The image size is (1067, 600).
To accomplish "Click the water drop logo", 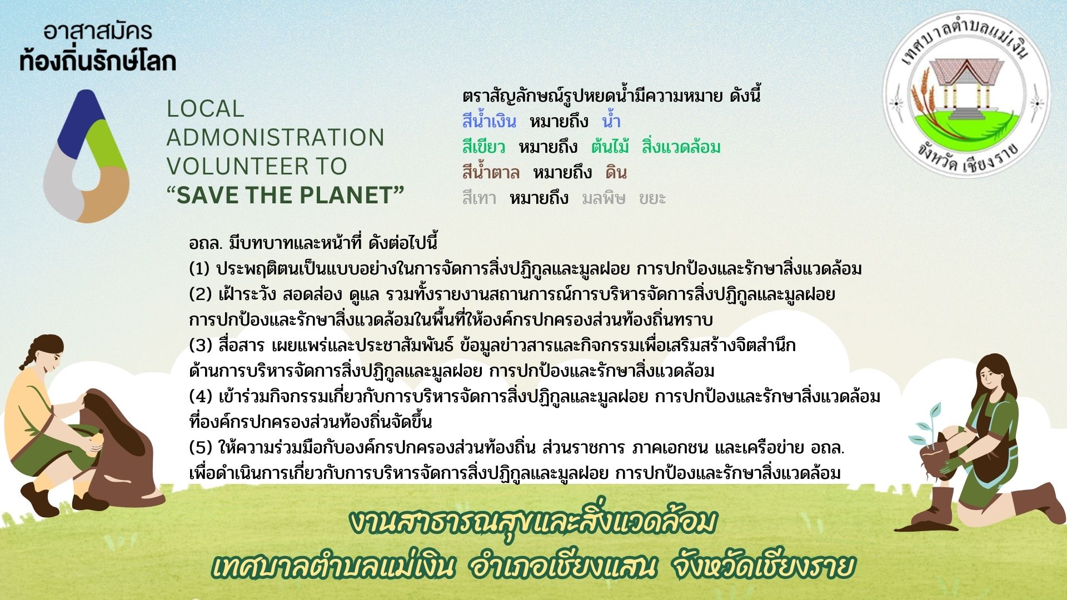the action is click(x=86, y=156).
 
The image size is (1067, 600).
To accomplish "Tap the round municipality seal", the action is click(x=966, y=94).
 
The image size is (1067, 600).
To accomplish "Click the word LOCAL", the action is click(x=205, y=108).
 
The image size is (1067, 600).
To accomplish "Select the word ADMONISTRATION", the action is click(x=275, y=137).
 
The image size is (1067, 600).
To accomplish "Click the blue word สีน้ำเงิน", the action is click(x=489, y=121).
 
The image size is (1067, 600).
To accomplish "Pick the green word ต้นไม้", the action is click(x=610, y=147).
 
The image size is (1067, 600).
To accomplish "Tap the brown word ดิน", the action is click(x=616, y=173).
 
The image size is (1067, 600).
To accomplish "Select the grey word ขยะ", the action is click(x=652, y=198).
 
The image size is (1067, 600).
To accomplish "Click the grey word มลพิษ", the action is click(x=604, y=198).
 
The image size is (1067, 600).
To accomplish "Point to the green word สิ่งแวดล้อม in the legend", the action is click(x=681, y=147).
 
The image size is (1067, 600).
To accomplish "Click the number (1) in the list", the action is click(x=199, y=269).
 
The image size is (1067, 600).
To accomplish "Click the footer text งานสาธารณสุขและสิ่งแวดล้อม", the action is click(x=533, y=523).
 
